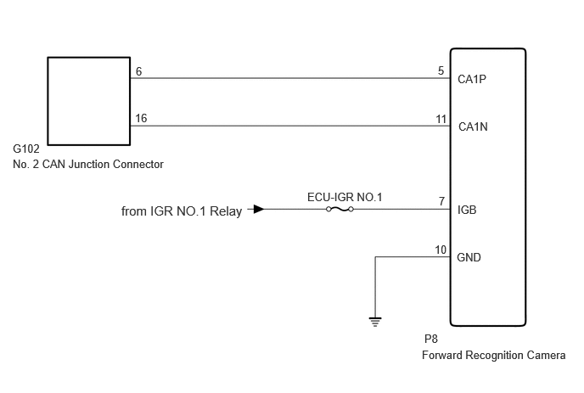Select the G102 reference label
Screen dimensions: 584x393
coord(26,149)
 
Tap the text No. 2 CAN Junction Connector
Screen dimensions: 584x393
coord(88,165)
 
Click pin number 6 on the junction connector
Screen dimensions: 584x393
coord(139,71)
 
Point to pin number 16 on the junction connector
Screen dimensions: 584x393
coord(141,118)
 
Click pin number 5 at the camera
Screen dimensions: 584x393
coord(441,70)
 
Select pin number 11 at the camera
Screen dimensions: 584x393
coord(441,119)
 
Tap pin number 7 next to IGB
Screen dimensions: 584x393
coord(441,201)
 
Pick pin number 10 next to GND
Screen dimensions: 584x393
coord(441,250)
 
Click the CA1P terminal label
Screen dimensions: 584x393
coord(472,79)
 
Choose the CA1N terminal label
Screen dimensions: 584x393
coord(473,127)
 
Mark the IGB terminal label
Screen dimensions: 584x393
coord(467,211)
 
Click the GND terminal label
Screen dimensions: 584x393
coord(469,257)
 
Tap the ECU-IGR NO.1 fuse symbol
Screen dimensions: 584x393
coord(340,210)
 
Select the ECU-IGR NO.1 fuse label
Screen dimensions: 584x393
coord(345,197)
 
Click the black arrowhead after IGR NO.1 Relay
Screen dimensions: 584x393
coord(259,209)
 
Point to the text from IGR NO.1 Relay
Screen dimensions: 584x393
coord(182,211)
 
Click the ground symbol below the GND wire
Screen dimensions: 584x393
coord(375,322)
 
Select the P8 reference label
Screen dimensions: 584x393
coord(431,339)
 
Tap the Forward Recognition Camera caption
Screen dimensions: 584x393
coord(494,356)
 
